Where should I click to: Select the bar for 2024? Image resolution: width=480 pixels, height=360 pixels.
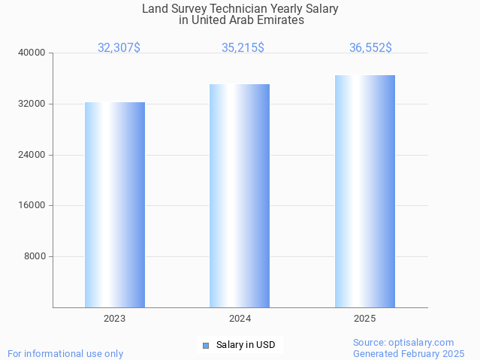coord(240,195)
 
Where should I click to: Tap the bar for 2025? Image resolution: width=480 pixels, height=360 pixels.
coord(365,191)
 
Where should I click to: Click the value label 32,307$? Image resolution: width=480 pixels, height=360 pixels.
coord(119,47)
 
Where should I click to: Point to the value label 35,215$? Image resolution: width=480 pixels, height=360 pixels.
coord(243,47)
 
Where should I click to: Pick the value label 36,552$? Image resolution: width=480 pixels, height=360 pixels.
coord(370,47)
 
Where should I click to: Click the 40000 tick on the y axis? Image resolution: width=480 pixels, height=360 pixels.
coord(32,53)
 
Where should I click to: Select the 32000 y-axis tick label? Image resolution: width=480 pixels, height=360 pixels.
coord(32,104)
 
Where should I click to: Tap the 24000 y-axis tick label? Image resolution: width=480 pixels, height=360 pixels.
coord(32,155)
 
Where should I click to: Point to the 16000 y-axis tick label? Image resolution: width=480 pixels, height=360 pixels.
coord(32,205)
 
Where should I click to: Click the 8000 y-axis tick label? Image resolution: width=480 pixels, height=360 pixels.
coord(35,256)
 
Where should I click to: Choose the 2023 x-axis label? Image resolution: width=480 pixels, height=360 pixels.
coord(115,319)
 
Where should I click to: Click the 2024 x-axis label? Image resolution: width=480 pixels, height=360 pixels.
coord(240,319)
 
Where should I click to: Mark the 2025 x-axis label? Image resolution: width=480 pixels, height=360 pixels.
coord(365,319)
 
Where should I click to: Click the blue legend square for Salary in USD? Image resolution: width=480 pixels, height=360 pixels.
coord(205,346)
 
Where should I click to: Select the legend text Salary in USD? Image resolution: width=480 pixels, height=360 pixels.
coord(246,346)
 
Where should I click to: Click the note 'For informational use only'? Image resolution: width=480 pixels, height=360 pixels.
coord(65,353)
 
